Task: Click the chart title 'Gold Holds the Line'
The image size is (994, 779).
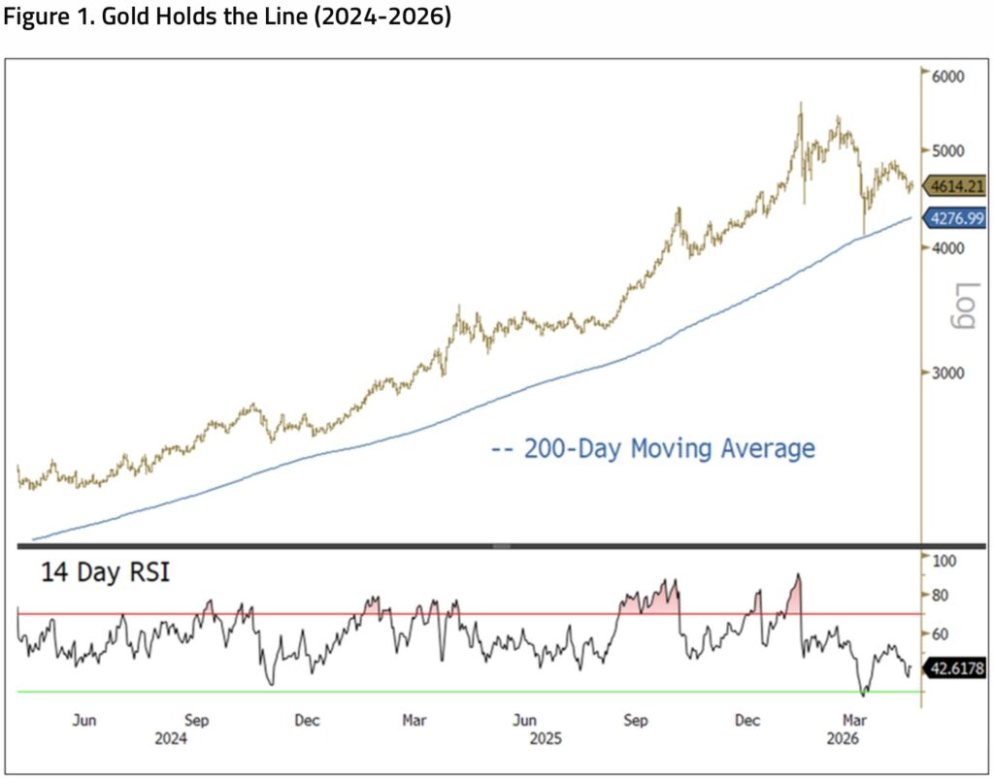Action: click(x=209, y=16)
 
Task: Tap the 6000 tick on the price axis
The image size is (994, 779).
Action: click(x=948, y=77)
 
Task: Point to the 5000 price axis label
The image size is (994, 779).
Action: click(x=948, y=150)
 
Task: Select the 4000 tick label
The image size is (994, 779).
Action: click(x=948, y=248)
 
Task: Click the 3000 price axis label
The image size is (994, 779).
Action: click(x=948, y=373)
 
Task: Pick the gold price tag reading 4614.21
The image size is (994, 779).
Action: click(x=956, y=186)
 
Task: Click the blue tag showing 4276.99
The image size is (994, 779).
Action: click(x=956, y=218)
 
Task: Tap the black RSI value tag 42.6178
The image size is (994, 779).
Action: click(x=956, y=668)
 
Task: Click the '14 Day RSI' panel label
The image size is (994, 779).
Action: click(x=106, y=572)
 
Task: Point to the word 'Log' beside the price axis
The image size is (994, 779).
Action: click(x=964, y=307)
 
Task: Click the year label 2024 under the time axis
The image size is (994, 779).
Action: click(x=171, y=739)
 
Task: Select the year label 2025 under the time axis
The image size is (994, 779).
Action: click(x=546, y=739)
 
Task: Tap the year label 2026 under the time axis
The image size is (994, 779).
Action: click(x=844, y=739)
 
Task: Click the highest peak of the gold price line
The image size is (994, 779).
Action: click(x=801, y=103)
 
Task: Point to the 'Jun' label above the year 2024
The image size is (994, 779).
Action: click(x=84, y=721)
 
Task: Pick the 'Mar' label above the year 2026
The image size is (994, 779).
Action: click(x=854, y=721)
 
